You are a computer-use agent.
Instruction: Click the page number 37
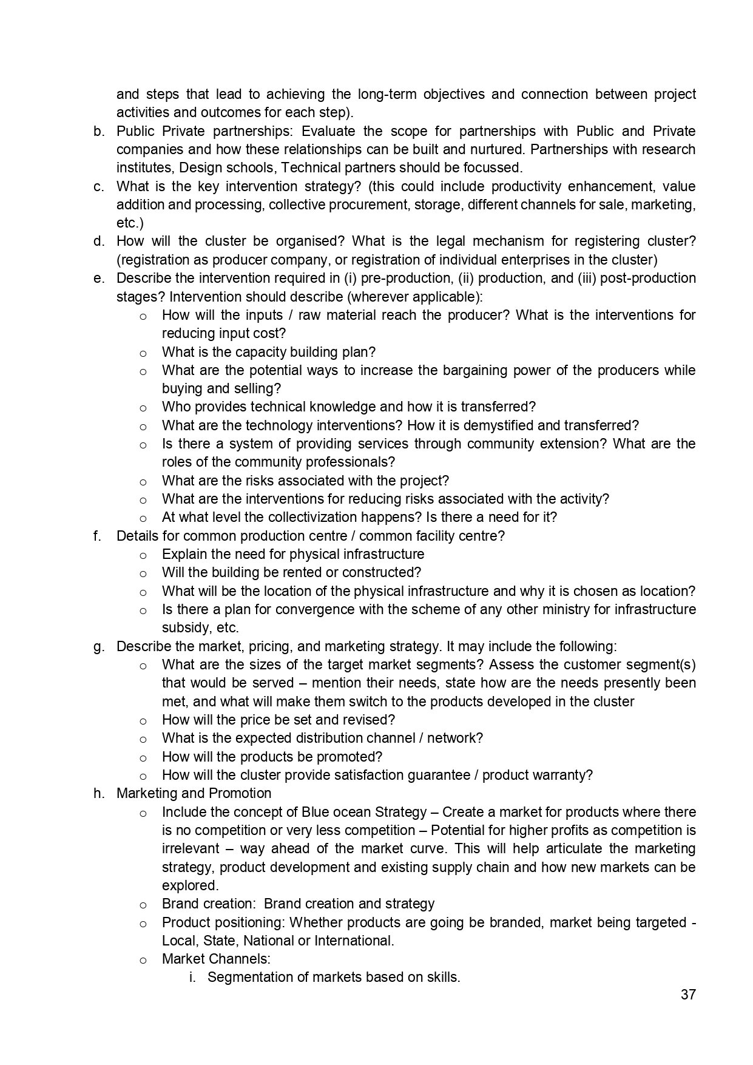coord(687,995)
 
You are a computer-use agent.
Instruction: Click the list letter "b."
coord(99,132)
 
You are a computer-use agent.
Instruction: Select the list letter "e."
coord(99,279)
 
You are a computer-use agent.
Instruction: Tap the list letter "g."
coord(99,647)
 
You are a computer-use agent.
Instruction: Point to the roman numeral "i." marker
coord(192,977)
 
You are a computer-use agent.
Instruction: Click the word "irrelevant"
coord(191,848)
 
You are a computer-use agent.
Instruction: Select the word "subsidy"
coord(184,627)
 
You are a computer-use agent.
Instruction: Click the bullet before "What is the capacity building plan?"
coord(143,353)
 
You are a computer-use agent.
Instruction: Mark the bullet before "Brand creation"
coord(143,905)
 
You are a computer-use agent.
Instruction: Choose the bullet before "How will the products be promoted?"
coord(143,758)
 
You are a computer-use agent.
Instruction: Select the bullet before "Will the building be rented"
coord(143,573)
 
